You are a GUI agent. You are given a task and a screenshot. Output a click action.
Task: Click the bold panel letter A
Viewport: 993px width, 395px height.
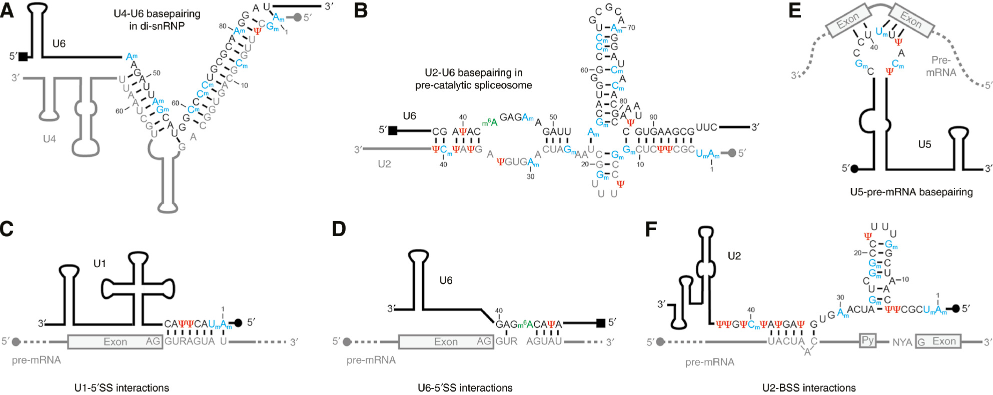click(7, 11)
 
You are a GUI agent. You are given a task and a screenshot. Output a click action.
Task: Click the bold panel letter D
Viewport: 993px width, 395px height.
click(339, 229)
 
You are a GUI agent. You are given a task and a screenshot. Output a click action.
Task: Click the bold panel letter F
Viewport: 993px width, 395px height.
click(651, 229)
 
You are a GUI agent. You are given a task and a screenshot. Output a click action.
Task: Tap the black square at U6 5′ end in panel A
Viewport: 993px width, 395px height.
click(23, 56)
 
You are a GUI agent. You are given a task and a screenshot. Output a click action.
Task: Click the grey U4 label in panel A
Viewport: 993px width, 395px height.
click(49, 139)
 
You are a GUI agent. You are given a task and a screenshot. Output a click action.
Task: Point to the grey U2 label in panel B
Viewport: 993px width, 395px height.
click(384, 164)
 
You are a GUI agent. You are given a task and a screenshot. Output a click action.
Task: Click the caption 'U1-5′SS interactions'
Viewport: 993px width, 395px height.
click(122, 387)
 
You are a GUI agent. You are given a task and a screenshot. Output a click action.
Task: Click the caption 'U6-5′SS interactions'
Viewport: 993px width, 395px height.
click(465, 387)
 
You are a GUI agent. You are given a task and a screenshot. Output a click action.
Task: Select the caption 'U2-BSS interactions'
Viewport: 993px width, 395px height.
click(808, 387)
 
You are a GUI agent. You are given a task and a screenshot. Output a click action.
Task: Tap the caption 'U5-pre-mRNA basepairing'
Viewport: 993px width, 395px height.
click(911, 192)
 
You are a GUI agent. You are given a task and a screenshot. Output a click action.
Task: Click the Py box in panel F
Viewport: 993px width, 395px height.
click(867, 340)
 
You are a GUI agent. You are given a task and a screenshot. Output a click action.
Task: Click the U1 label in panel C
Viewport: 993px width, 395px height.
click(100, 263)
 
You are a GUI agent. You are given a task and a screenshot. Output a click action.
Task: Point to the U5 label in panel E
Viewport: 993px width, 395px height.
click(924, 144)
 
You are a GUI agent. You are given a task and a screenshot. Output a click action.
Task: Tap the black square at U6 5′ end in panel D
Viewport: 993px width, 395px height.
click(601, 323)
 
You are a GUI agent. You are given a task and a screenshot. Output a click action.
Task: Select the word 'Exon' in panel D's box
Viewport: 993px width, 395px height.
click(445, 341)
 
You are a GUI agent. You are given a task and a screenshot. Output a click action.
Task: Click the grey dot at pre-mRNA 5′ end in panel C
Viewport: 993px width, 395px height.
click(16, 342)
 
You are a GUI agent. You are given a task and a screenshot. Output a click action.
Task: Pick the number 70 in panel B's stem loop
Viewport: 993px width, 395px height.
click(631, 28)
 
